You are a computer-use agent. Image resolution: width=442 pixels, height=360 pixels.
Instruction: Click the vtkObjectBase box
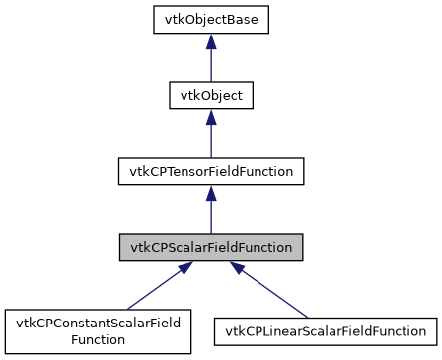[210, 20]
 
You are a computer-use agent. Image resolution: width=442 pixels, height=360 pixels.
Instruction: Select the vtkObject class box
[210, 96]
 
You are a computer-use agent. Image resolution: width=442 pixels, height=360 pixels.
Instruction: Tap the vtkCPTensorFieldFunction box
[210, 171]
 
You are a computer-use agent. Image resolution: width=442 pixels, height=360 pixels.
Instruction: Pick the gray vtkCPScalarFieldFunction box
[210, 247]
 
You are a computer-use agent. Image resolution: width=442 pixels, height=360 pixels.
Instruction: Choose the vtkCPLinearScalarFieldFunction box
[326, 331]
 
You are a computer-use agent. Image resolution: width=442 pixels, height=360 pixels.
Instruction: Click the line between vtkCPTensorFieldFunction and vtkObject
[210, 139]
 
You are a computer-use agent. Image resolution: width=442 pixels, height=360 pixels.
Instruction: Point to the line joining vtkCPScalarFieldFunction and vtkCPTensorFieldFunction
[210, 215]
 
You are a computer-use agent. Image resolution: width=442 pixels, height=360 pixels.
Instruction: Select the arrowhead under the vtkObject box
[210, 117]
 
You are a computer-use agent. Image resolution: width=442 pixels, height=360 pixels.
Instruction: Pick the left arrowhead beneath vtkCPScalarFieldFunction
[181, 269]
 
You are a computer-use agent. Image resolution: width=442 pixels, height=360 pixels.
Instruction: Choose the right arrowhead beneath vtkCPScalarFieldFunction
[240, 269]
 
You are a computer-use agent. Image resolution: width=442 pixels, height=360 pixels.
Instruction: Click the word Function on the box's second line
[97, 339]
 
